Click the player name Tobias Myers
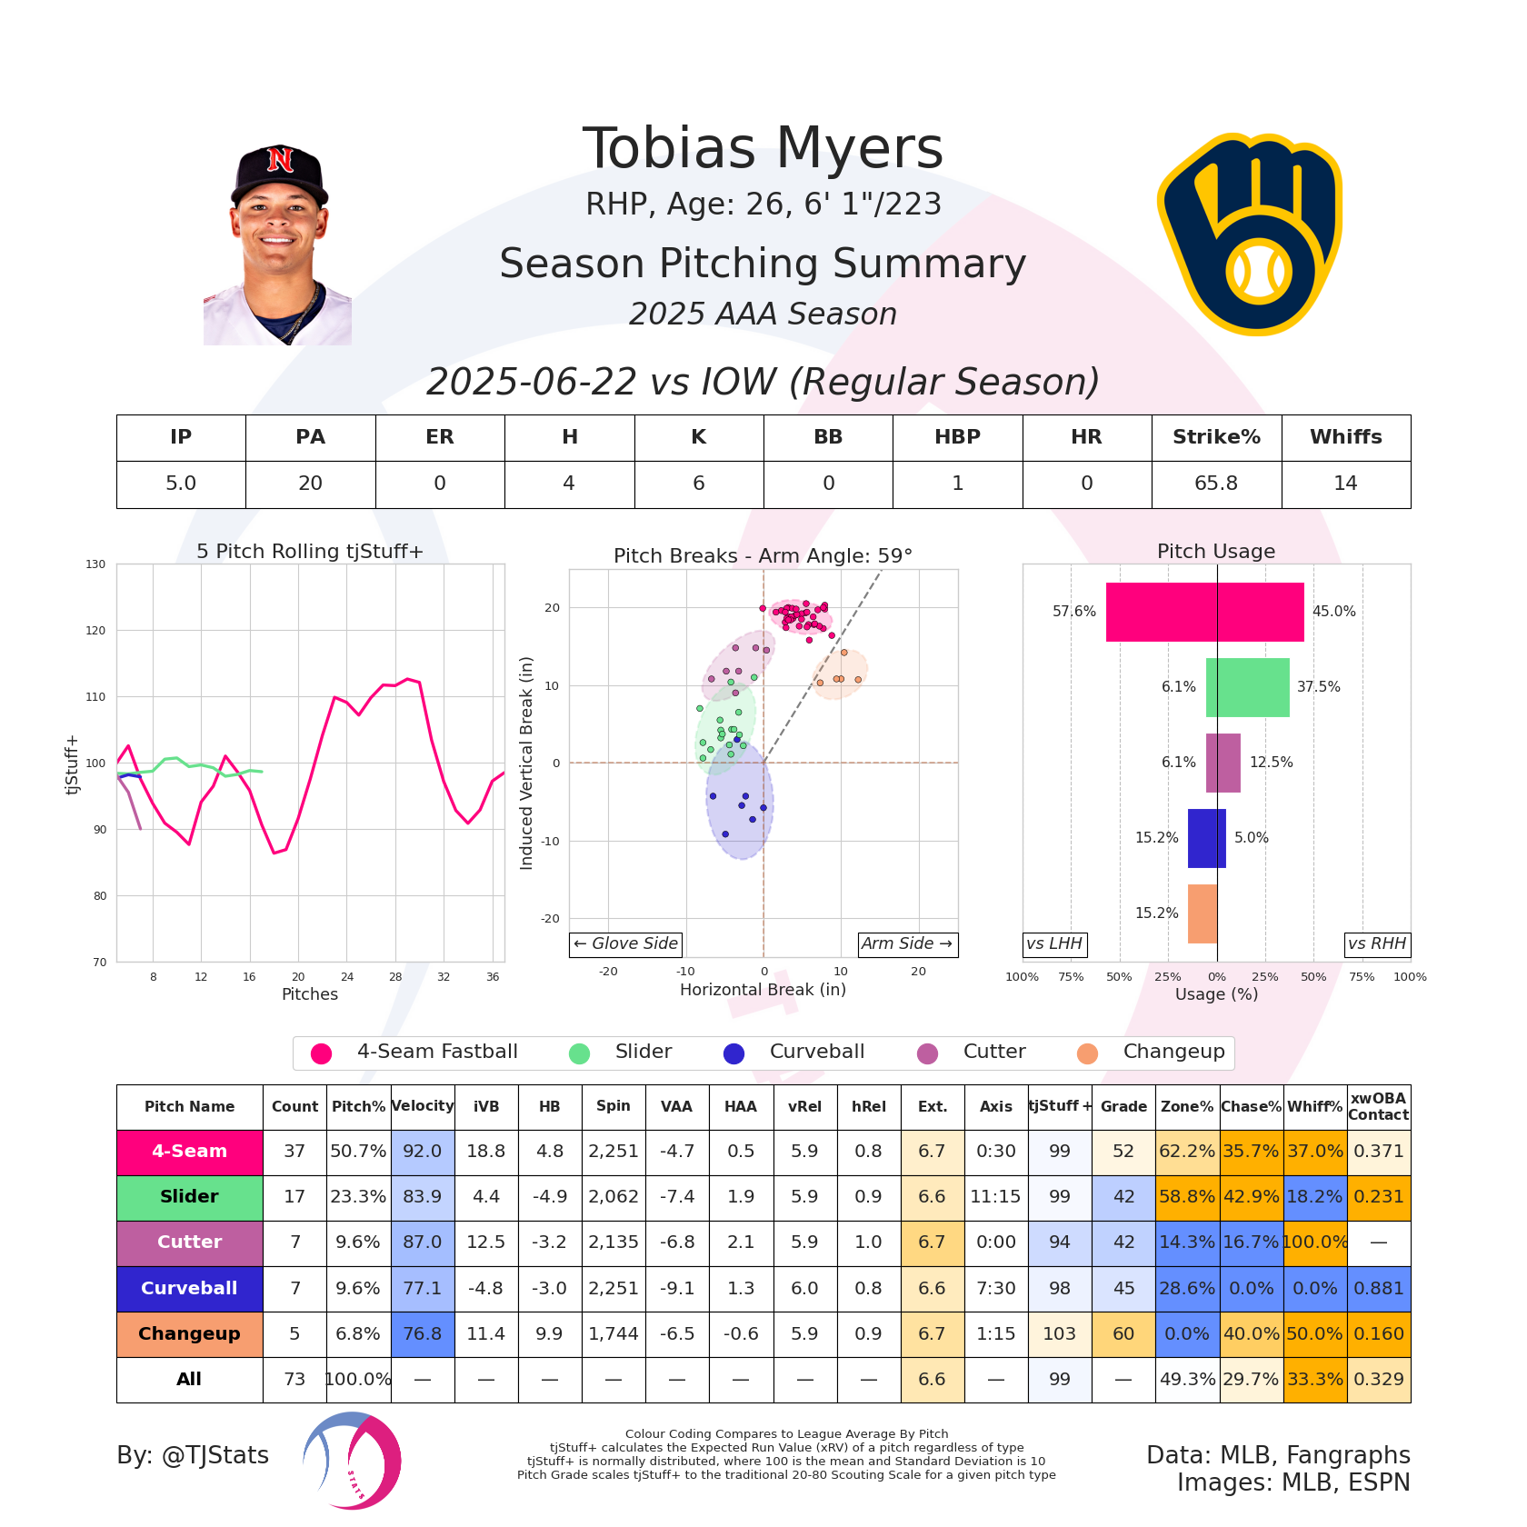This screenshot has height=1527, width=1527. tap(763, 149)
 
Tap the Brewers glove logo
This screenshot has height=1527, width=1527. tap(1250, 234)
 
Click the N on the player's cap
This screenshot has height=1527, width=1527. tap(280, 160)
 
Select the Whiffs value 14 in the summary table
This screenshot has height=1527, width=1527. tap(1345, 484)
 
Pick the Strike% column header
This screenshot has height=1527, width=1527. tap(1216, 437)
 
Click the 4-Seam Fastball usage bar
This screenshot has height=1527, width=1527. tap(1204, 612)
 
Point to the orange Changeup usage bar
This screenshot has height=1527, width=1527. tap(1203, 913)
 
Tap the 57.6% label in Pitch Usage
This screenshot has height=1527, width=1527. tap(1074, 612)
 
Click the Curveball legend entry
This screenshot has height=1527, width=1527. tap(795, 1053)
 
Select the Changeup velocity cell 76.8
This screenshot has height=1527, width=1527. tap(423, 1333)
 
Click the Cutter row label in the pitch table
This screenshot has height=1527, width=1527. tap(189, 1243)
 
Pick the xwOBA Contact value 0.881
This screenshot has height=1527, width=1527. tap(1378, 1288)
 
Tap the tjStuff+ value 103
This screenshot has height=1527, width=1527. tap(1060, 1333)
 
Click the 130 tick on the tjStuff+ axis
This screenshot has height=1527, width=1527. tap(96, 564)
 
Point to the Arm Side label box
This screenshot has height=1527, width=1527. tap(906, 943)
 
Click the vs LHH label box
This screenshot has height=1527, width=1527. tap(1054, 943)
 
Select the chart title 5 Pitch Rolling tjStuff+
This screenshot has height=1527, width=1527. tap(310, 552)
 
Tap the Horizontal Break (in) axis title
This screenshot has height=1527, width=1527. tap(763, 990)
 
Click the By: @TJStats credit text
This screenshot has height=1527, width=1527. tap(193, 1455)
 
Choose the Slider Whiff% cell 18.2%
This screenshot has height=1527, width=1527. tap(1314, 1197)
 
